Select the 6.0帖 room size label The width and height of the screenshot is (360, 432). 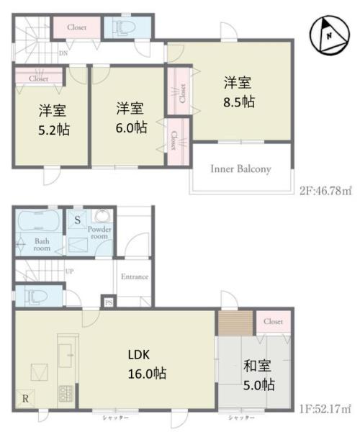coord(130,127)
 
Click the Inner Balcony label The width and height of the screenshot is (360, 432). coord(240,169)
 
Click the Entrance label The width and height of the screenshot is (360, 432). coord(134,276)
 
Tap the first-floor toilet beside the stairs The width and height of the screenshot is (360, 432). coord(33,295)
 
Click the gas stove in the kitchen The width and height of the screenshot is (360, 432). coord(66,394)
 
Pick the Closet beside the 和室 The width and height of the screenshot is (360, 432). coord(273,321)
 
